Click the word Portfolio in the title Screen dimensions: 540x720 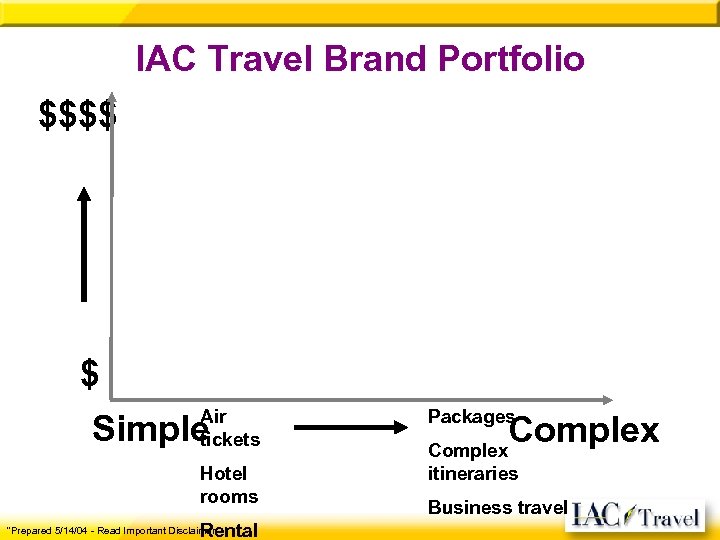point(506,59)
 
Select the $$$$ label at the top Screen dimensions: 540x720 point(77,115)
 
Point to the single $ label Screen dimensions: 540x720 point(90,375)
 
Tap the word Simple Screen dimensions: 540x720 point(145,430)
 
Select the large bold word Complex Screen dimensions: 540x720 point(585,431)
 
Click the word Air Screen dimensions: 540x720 point(214,416)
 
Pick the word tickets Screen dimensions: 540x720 point(231,439)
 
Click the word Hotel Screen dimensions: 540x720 point(223,473)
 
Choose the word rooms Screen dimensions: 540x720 point(229,496)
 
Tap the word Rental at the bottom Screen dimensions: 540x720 point(230,530)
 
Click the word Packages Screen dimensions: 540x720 point(471,416)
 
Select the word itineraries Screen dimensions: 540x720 point(473,473)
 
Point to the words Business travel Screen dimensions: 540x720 point(497,507)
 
